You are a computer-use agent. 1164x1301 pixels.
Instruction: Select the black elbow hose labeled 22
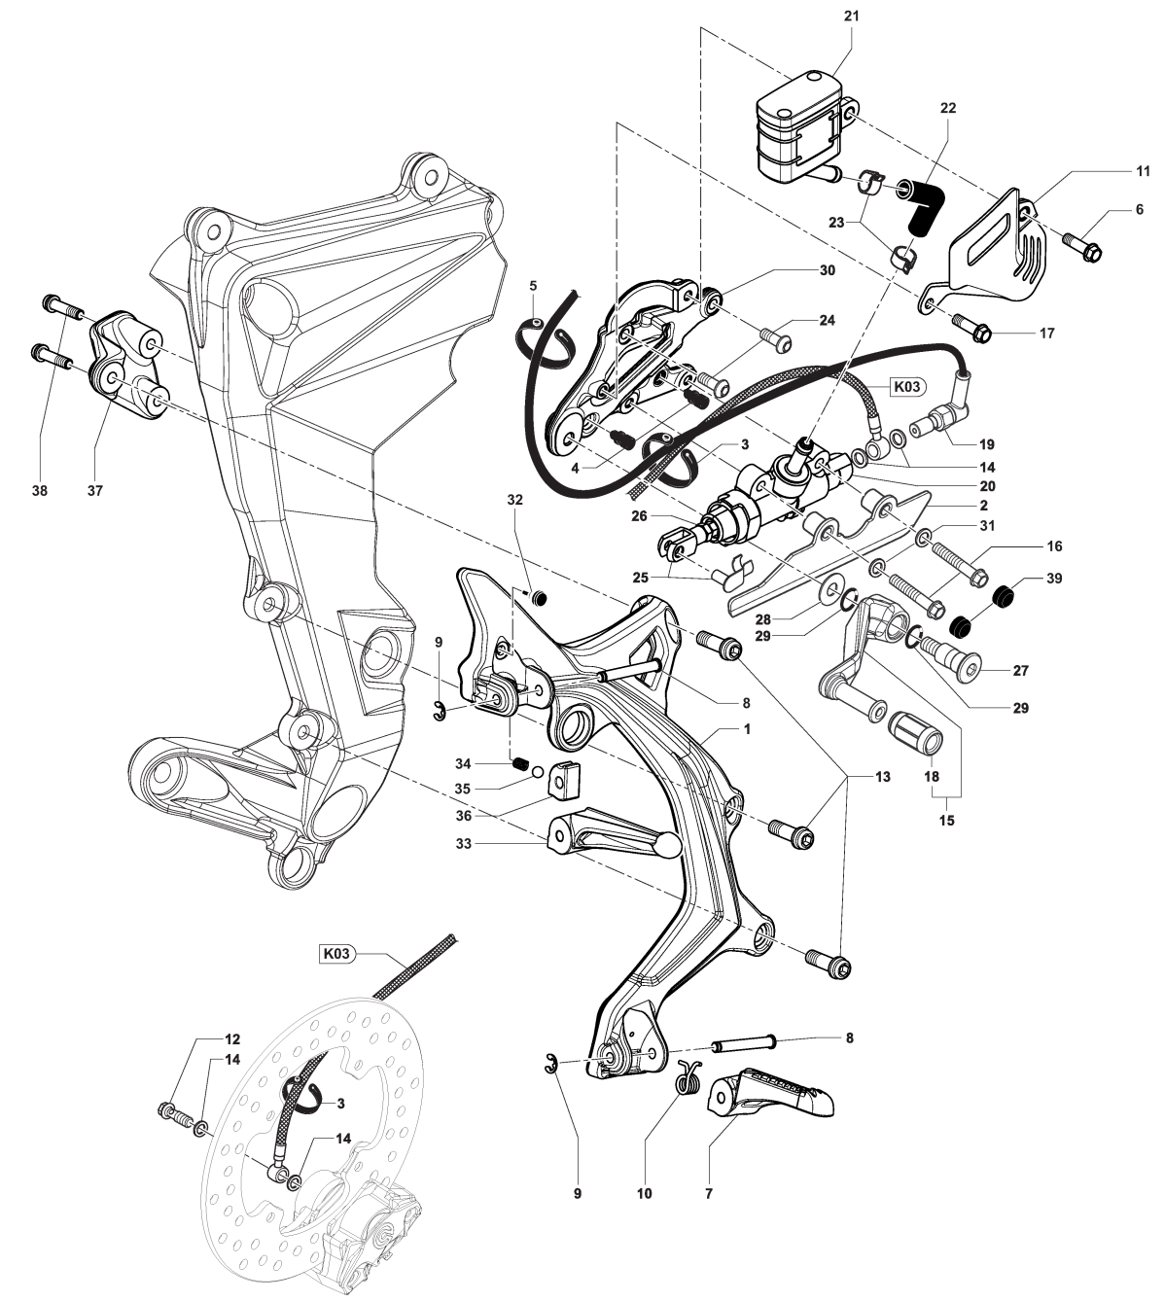pos(924,203)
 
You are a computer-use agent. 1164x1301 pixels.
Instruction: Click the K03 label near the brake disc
pos(335,954)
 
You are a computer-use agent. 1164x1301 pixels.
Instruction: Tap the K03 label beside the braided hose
pos(905,386)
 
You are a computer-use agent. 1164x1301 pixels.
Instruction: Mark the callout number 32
pos(514,499)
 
